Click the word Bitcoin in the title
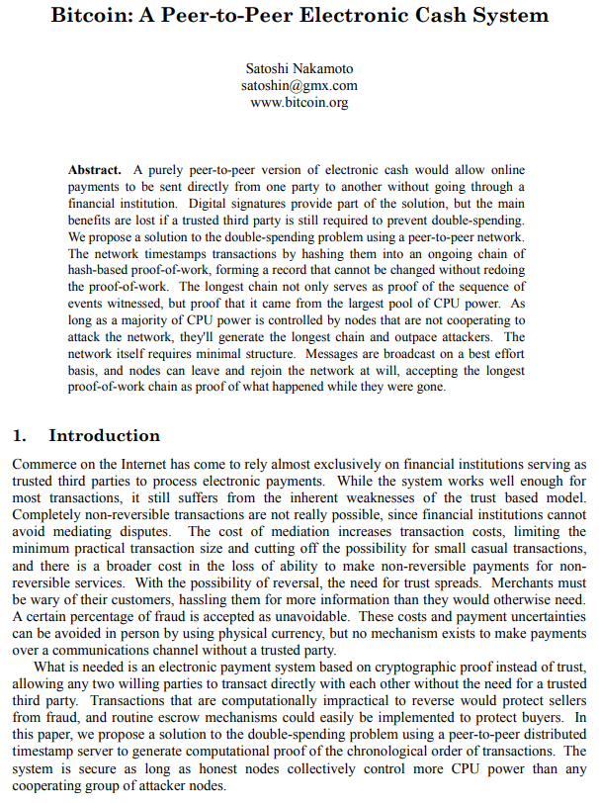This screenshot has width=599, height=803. pyautogui.click(x=94, y=15)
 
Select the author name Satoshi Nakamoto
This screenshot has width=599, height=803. pyautogui.click(x=299, y=68)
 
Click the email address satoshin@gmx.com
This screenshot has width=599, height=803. pyautogui.click(x=299, y=85)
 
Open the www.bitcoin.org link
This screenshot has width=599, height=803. pyautogui.click(x=299, y=102)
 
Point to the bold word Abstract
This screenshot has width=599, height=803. pyautogui.click(x=95, y=170)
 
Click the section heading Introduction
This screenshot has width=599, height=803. pyautogui.click(x=104, y=435)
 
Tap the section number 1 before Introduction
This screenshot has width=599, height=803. pyautogui.click(x=18, y=435)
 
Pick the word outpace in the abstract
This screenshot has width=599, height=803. pyautogui.click(x=401, y=337)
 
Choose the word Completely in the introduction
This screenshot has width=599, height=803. pyautogui.click(x=45, y=513)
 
